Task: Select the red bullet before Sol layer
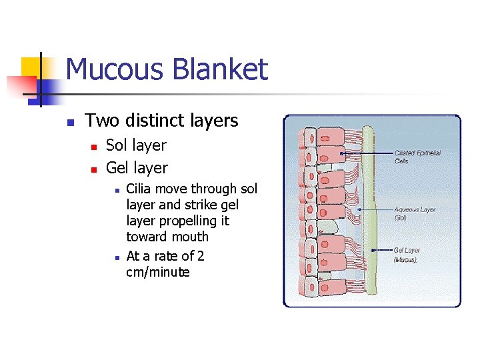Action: (x=95, y=146)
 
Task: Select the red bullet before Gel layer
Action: (x=95, y=169)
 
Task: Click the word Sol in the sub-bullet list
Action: (x=117, y=145)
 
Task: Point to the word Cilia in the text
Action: (x=139, y=189)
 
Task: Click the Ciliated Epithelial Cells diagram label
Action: (x=417, y=157)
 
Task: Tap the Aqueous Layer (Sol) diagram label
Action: (x=414, y=213)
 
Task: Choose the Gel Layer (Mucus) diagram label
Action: (x=407, y=255)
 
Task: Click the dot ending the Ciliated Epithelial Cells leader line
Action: (x=341, y=153)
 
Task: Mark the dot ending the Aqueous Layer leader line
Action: (x=360, y=209)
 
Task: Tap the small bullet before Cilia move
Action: (x=116, y=190)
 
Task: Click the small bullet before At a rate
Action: (x=116, y=257)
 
